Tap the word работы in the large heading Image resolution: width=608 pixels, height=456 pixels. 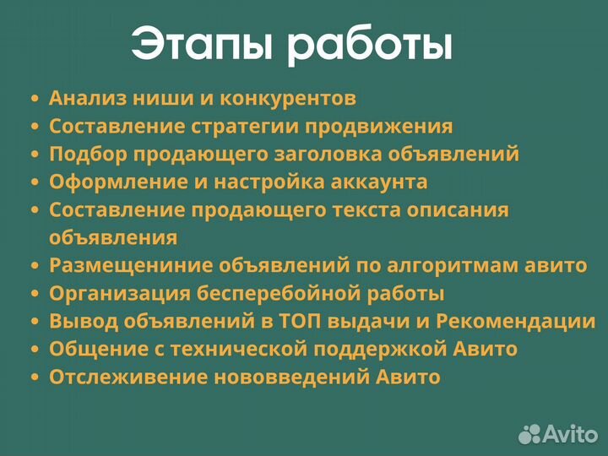pos(369,46)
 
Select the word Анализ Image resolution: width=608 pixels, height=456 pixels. pos(84,98)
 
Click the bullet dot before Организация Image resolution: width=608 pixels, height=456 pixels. pos(35,295)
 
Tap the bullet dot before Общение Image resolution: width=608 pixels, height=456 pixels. pos(35,350)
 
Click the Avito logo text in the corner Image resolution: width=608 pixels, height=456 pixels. pos(567,433)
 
